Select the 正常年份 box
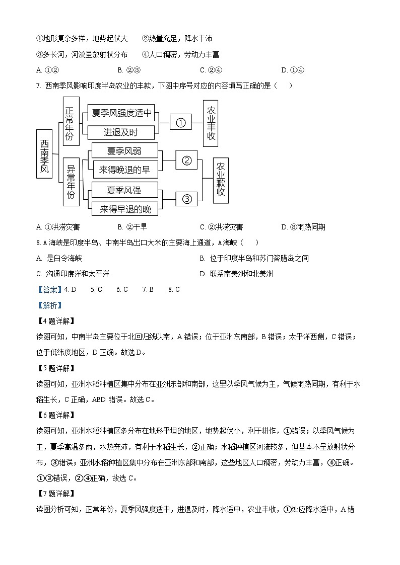pos(71,122)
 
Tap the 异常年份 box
pos(71,181)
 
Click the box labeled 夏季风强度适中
pos(121,113)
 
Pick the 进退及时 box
pos(121,132)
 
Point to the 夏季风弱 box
pos(124,150)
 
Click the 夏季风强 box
pos(124,190)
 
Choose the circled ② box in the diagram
pos(187,160)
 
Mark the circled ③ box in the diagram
pos(187,199)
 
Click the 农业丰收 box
pos(211,123)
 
